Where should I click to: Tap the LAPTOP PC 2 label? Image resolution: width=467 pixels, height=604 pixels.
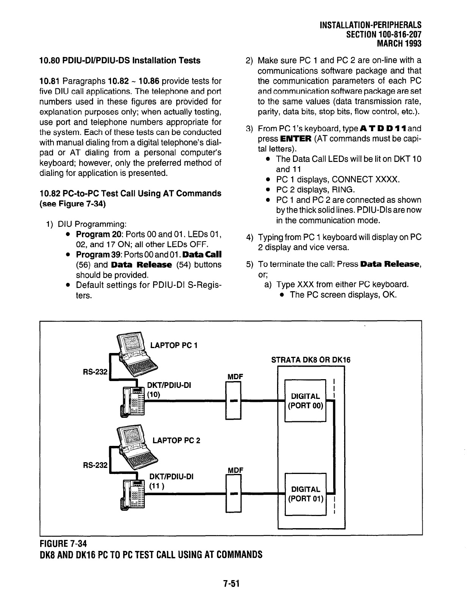click(x=176, y=440)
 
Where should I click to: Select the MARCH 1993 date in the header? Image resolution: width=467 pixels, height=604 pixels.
click(x=399, y=43)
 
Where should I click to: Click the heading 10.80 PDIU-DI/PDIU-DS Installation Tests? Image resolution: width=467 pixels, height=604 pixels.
click(x=119, y=61)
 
